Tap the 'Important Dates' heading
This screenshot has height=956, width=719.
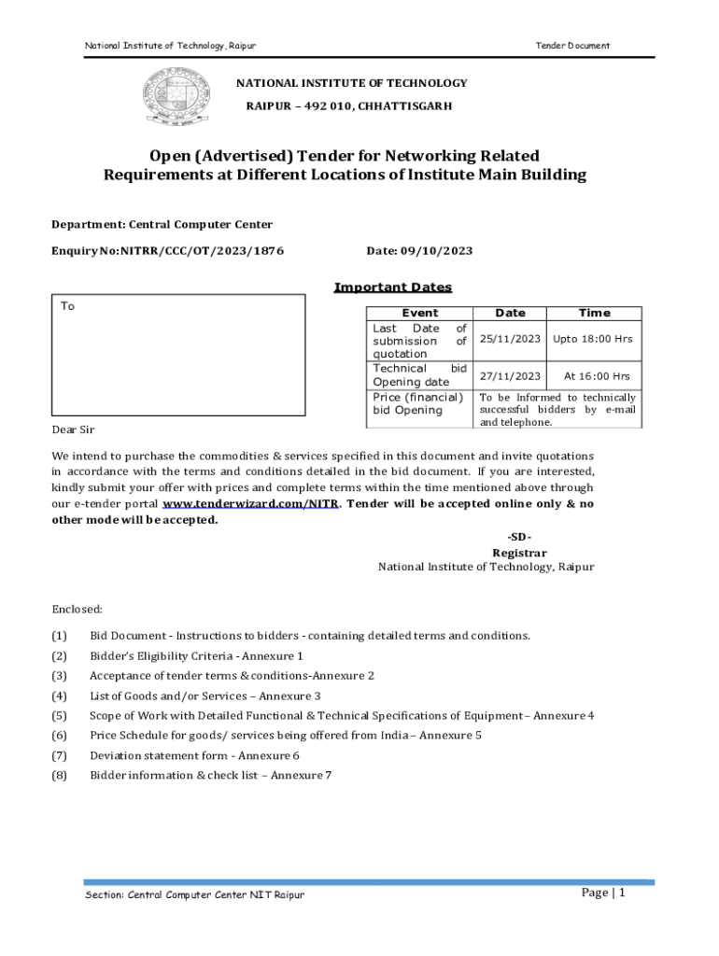point(393,288)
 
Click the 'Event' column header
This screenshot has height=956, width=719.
point(419,313)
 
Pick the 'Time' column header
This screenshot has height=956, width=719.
point(594,313)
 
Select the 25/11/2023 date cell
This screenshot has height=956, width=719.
point(510,339)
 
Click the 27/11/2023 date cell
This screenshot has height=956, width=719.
point(510,376)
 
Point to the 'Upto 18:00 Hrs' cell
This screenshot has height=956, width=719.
point(593,339)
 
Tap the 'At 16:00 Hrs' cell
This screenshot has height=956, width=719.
point(597,376)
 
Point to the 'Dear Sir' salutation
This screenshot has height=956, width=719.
point(73,429)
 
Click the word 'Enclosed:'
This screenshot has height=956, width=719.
point(78,610)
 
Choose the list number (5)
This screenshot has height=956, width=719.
point(60,716)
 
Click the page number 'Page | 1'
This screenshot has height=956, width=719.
point(603,893)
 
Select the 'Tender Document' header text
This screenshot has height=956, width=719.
point(572,46)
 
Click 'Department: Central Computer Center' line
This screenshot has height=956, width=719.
point(162,225)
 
